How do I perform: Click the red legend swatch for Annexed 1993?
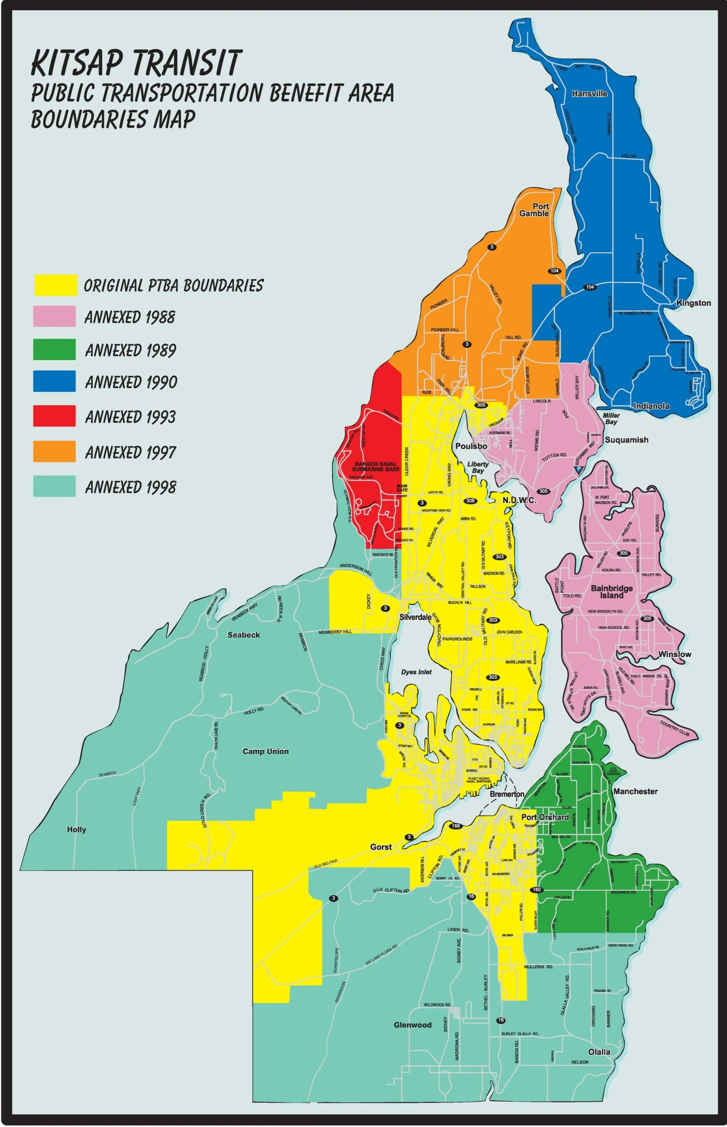coord(54,415)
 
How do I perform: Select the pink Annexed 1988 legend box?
coord(54,316)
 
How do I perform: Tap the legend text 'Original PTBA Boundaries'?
coord(173,285)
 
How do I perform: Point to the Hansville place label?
coord(589,94)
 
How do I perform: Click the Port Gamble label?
coord(534,210)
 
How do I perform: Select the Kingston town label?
coord(693,303)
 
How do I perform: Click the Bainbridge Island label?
coord(611,591)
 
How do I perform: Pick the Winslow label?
coord(674,654)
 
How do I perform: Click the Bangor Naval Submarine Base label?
coord(376,467)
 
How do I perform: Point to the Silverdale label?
coord(415,617)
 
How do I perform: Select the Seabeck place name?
coord(244,635)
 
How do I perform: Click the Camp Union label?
coord(265,751)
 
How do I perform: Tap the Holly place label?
coord(76,829)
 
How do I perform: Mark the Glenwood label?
coord(413,1025)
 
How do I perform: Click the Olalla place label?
coord(599,1051)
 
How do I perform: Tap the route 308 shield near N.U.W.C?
coord(470,500)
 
